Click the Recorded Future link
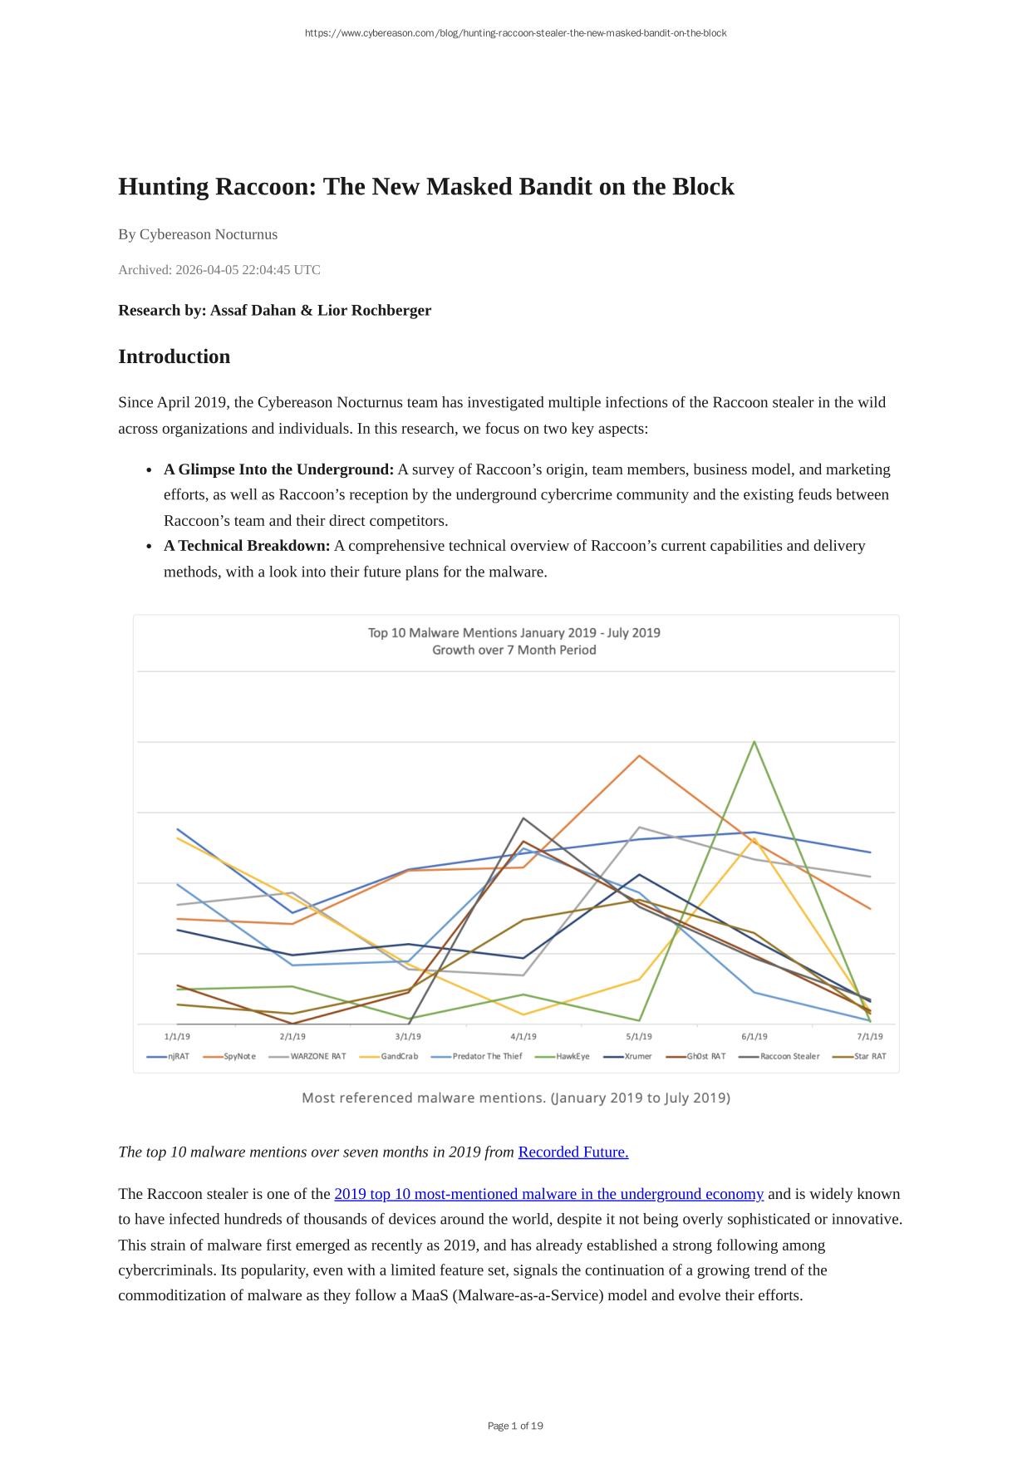(x=573, y=1152)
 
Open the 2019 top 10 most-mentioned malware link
(x=548, y=1194)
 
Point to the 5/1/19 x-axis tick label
(x=639, y=1037)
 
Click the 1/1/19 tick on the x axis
(x=178, y=1037)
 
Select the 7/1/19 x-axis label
(x=870, y=1037)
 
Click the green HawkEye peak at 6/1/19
(x=754, y=741)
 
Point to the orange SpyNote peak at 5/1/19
(x=639, y=755)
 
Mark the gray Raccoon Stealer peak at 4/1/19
(x=523, y=818)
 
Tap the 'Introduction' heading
(x=174, y=356)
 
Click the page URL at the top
(x=515, y=33)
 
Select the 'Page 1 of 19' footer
(x=515, y=1426)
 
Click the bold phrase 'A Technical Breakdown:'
(x=247, y=546)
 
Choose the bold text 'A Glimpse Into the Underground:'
(x=278, y=469)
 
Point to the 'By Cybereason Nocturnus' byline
(x=198, y=234)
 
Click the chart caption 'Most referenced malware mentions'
(x=515, y=1098)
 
